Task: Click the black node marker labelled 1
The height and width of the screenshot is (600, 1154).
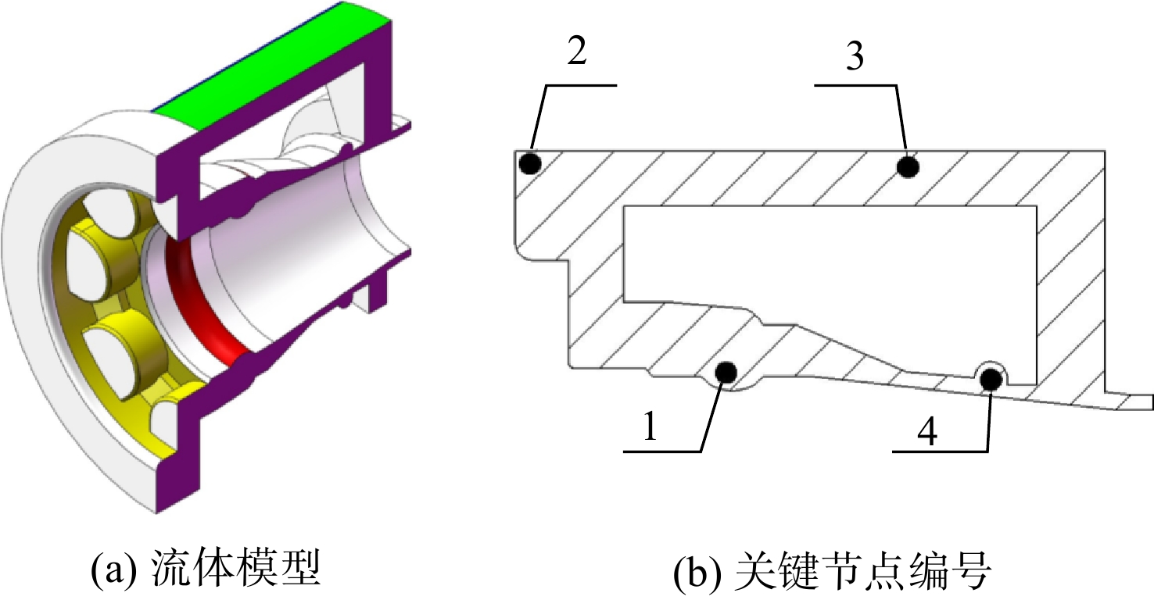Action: click(x=726, y=373)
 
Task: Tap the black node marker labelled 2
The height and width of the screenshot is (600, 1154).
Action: click(x=531, y=163)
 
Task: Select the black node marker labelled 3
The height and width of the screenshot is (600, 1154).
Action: click(x=908, y=166)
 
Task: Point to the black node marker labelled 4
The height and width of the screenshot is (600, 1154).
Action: click(x=991, y=380)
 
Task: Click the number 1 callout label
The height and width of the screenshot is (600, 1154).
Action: click(x=650, y=426)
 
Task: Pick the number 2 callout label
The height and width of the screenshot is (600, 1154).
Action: click(x=577, y=51)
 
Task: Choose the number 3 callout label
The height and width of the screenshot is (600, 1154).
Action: click(x=855, y=56)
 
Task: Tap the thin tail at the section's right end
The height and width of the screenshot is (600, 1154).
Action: click(x=1131, y=402)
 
